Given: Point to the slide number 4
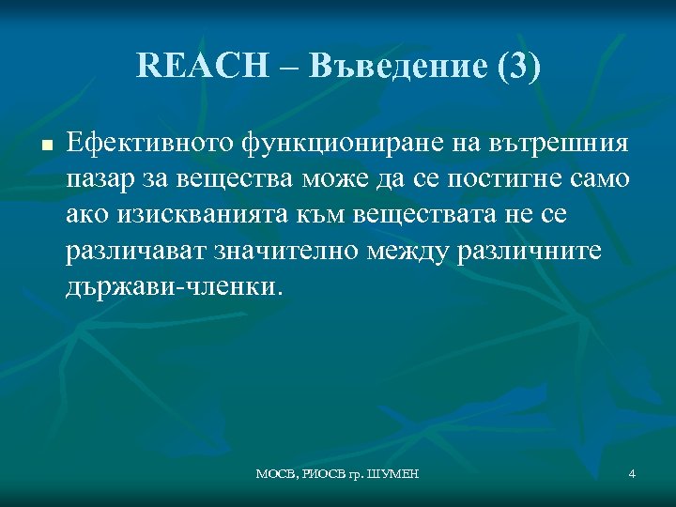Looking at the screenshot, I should tap(632, 474).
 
